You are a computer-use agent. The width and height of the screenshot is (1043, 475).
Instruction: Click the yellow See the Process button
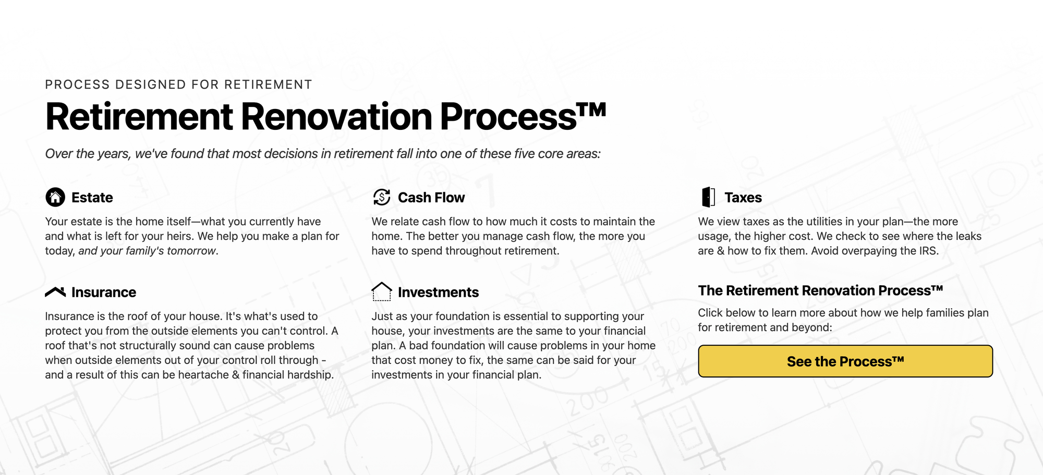point(845,361)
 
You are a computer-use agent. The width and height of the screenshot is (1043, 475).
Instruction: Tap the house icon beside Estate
point(55,197)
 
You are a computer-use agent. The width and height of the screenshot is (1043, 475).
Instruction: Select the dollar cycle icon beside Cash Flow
point(382,197)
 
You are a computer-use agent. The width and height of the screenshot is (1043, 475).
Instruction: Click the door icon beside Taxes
point(708,197)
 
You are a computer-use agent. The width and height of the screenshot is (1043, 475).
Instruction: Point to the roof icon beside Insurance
point(55,291)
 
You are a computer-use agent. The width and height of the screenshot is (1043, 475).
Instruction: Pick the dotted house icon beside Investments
point(382,291)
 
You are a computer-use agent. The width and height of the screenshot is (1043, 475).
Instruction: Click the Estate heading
point(92,198)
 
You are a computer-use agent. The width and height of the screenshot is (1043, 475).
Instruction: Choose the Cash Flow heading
point(431,198)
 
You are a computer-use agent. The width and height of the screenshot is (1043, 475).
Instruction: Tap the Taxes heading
point(743,198)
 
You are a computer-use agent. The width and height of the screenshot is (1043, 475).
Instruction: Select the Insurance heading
point(104,293)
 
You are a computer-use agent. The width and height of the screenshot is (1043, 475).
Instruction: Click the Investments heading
point(438,293)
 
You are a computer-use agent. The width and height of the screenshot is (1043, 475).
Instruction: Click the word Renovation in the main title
point(336,116)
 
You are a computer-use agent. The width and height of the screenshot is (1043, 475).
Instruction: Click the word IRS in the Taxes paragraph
point(927,251)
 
